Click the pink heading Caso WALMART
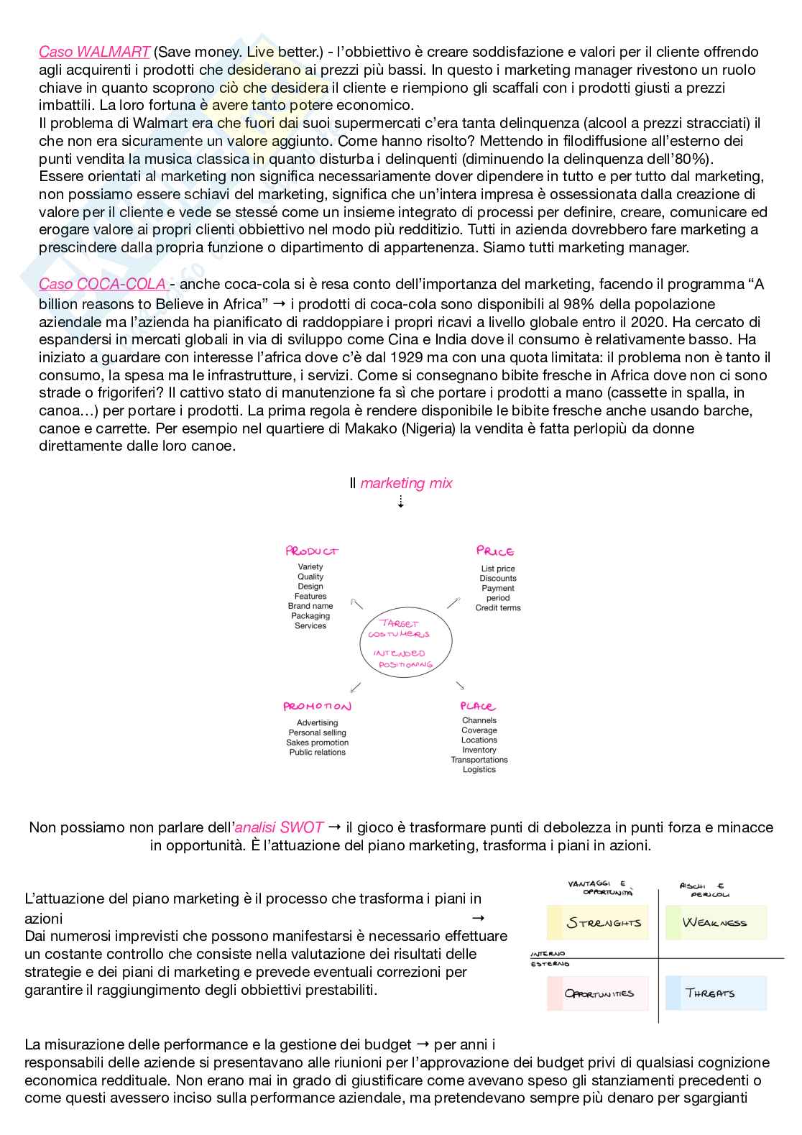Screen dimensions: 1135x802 tap(94, 52)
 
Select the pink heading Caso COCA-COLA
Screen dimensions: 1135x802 tap(103, 284)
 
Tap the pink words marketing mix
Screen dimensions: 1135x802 tap(406, 483)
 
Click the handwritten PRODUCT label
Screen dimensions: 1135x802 tap(311, 551)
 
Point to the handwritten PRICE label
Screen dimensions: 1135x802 tap(495, 551)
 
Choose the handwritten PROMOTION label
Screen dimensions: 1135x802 tap(317, 707)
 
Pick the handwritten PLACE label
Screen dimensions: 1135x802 tap(478, 707)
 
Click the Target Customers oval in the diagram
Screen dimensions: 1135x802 tap(406, 643)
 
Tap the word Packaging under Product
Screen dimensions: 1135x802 tap(310, 616)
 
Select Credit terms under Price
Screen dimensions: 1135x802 tap(498, 608)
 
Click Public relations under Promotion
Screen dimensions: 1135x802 tap(318, 753)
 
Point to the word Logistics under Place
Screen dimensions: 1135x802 tap(479, 770)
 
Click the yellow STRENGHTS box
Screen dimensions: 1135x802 tap(598, 923)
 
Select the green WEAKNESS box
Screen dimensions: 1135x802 tap(715, 923)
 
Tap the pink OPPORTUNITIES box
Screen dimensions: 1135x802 tap(598, 993)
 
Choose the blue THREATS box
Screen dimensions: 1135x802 tap(715, 993)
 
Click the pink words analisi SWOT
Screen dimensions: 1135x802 tap(280, 827)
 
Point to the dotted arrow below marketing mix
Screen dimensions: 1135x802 tap(400, 502)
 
